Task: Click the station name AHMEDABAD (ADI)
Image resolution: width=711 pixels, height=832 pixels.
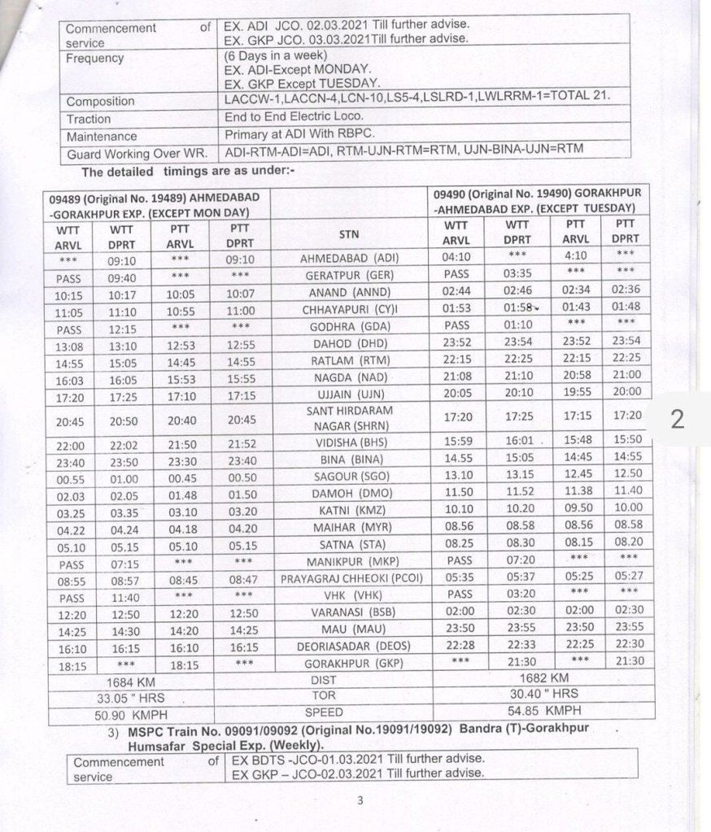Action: point(350,258)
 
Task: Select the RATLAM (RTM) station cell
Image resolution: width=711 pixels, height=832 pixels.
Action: point(351,359)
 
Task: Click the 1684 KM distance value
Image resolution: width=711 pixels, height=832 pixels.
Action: point(132,679)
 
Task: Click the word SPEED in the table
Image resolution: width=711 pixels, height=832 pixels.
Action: point(324,712)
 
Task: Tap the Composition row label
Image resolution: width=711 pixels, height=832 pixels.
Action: point(101,102)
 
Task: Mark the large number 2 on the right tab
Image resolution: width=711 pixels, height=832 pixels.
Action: point(677,418)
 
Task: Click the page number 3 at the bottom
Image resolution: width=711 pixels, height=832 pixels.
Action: point(360,800)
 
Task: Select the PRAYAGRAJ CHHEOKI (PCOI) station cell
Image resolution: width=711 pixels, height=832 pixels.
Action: point(351,579)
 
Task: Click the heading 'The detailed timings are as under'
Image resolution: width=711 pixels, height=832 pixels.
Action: point(187,172)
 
